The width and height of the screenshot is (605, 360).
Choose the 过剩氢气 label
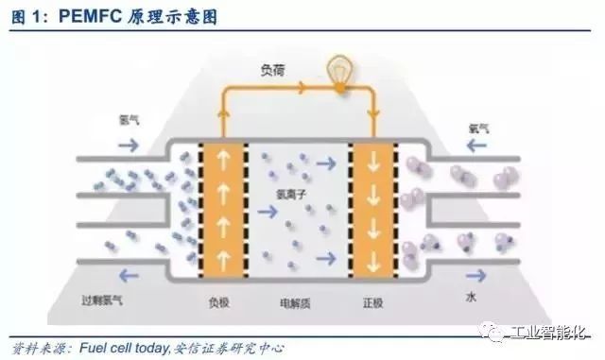(x=103, y=300)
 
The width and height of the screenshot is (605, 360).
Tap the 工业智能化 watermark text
(x=562, y=331)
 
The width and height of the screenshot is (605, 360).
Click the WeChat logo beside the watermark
(x=517, y=331)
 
